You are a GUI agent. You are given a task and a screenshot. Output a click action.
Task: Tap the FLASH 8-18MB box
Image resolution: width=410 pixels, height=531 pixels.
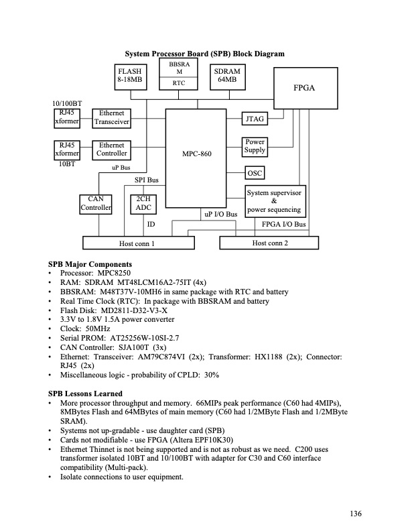pos(130,75)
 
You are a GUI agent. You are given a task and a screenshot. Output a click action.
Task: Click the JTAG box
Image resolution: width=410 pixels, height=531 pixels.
pos(255,119)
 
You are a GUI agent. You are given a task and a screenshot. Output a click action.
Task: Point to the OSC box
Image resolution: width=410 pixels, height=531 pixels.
pos(255,173)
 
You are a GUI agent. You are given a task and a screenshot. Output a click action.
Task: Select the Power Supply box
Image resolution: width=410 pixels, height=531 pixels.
pos(255,146)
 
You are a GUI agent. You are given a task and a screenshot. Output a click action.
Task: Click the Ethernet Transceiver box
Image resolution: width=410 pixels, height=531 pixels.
pos(112,118)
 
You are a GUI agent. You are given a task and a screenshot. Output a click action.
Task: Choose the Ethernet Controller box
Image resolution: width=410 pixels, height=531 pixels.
pos(112,149)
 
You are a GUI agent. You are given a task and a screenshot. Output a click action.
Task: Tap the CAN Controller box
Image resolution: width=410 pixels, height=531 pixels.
pos(95,204)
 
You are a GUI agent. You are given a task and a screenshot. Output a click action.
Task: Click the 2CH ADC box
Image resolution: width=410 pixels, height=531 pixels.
pos(143,204)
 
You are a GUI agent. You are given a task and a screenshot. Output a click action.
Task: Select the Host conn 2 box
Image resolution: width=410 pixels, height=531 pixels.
pos(269,243)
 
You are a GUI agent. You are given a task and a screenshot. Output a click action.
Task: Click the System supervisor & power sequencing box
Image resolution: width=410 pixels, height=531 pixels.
pos(275,201)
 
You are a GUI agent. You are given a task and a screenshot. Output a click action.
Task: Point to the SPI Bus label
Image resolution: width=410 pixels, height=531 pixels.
pos(147,180)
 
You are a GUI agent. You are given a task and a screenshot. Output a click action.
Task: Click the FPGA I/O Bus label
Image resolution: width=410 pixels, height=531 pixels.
pos(283,224)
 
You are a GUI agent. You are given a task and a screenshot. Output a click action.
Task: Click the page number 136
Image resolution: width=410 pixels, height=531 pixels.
pos(355,514)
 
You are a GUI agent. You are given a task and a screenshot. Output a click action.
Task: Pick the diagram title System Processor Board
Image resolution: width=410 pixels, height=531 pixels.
pos(204,54)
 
